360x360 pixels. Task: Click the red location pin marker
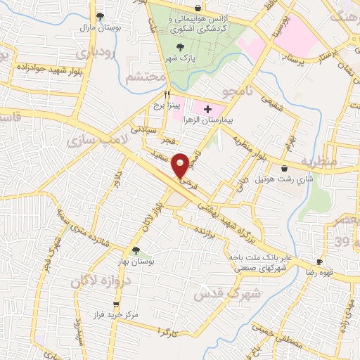click(181, 164)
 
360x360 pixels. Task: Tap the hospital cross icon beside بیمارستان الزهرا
click(207, 110)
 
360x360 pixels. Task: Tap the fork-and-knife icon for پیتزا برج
click(167, 94)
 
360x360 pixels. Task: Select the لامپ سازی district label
click(94, 140)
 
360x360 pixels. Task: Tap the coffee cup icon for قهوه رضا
click(320, 262)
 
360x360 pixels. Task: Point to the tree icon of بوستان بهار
click(135, 250)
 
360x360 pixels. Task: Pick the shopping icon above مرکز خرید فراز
click(116, 305)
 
